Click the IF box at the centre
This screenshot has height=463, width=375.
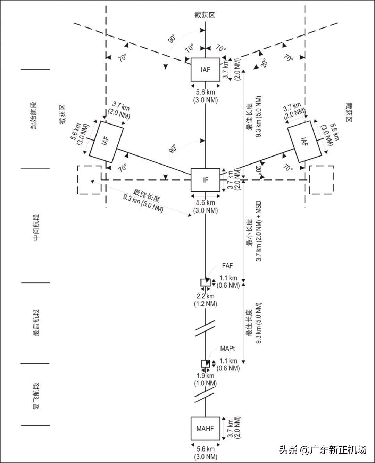(206, 180)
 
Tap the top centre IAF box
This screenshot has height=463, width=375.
(206, 70)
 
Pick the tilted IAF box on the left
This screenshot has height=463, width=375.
(106, 142)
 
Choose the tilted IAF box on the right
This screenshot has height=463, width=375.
(305, 142)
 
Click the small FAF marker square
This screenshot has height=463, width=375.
(206, 282)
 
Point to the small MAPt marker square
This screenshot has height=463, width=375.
(206, 364)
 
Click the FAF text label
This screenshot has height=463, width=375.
(227, 266)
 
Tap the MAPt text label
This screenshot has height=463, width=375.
(227, 349)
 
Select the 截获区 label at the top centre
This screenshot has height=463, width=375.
(205, 15)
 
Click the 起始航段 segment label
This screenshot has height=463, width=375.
(34, 115)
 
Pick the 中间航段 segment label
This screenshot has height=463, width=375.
(36, 227)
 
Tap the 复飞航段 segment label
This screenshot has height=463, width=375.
(36, 396)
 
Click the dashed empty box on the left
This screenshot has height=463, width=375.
(89, 180)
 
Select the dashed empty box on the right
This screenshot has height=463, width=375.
(321, 180)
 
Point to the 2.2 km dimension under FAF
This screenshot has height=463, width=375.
(206, 300)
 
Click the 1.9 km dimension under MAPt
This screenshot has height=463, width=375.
(206, 379)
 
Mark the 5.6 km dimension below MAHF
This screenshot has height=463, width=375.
(206, 453)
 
